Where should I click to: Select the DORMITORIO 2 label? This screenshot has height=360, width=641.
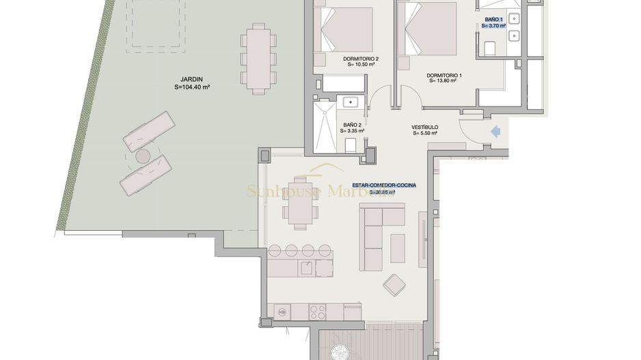(x=361, y=59)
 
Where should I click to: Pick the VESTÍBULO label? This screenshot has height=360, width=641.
(x=424, y=128)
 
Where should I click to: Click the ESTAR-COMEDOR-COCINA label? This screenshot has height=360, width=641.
(x=384, y=185)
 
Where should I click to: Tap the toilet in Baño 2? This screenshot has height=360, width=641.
(x=351, y=144)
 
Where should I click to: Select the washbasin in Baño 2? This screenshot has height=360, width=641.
(x=351, y=102)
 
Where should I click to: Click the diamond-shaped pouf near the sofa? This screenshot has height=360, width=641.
(x=394, y=284)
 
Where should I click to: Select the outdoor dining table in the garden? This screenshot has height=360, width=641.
(x=258, y=59)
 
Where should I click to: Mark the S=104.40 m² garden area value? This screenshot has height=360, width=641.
(x=191, y=87)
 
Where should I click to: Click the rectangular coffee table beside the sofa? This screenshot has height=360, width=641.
(x=397, y=247)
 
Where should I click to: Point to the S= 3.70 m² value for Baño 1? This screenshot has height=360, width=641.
(x=493, y=26)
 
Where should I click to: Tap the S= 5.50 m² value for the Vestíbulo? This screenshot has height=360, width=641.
(x=425, y=135)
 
